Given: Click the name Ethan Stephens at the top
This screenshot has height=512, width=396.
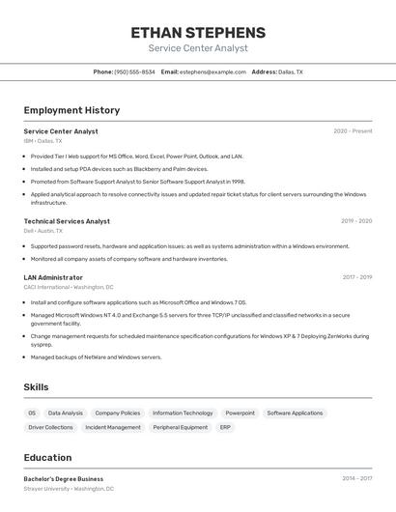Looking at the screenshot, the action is (x=198, y=32).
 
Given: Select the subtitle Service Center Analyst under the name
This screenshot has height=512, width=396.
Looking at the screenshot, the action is (x=198, y=48).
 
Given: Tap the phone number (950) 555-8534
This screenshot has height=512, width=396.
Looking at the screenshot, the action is (x=134, y=71).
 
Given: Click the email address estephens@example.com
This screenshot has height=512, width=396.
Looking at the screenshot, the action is (x=212, y=71).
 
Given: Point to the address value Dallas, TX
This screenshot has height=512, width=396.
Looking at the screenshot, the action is (x=290, y=71).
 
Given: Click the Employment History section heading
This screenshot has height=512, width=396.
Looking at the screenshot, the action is (x=71, y=110).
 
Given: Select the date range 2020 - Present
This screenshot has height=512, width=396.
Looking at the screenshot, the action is (x=353, y=131).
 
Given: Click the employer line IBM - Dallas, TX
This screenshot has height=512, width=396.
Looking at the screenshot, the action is (x=42, y=141).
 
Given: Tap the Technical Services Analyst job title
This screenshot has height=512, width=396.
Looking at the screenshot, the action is (x=67, y=221).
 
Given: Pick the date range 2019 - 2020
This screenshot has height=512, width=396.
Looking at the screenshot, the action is (x=356, y=221).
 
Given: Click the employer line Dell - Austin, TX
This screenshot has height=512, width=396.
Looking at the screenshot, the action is (x=43, y=231).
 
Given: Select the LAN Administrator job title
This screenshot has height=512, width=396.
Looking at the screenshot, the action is (x=53, y=277).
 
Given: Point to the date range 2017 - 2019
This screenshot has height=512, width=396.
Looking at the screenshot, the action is (x=357, y=277).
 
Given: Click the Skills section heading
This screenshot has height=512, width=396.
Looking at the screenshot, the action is (x=36, y=387).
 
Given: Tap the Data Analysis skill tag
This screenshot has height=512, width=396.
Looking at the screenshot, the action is (x=66, y=413).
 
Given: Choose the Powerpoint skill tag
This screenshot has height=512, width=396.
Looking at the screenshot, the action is (x=240, y=413).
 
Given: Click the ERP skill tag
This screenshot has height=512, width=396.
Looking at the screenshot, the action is (x=225, y=427).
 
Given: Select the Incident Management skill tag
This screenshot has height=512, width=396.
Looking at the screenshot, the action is (x=113, y=427).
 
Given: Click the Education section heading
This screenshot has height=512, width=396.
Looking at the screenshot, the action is (x=47, y=458).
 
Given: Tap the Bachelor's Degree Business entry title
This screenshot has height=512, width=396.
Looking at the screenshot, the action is (x=64, y=479).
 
